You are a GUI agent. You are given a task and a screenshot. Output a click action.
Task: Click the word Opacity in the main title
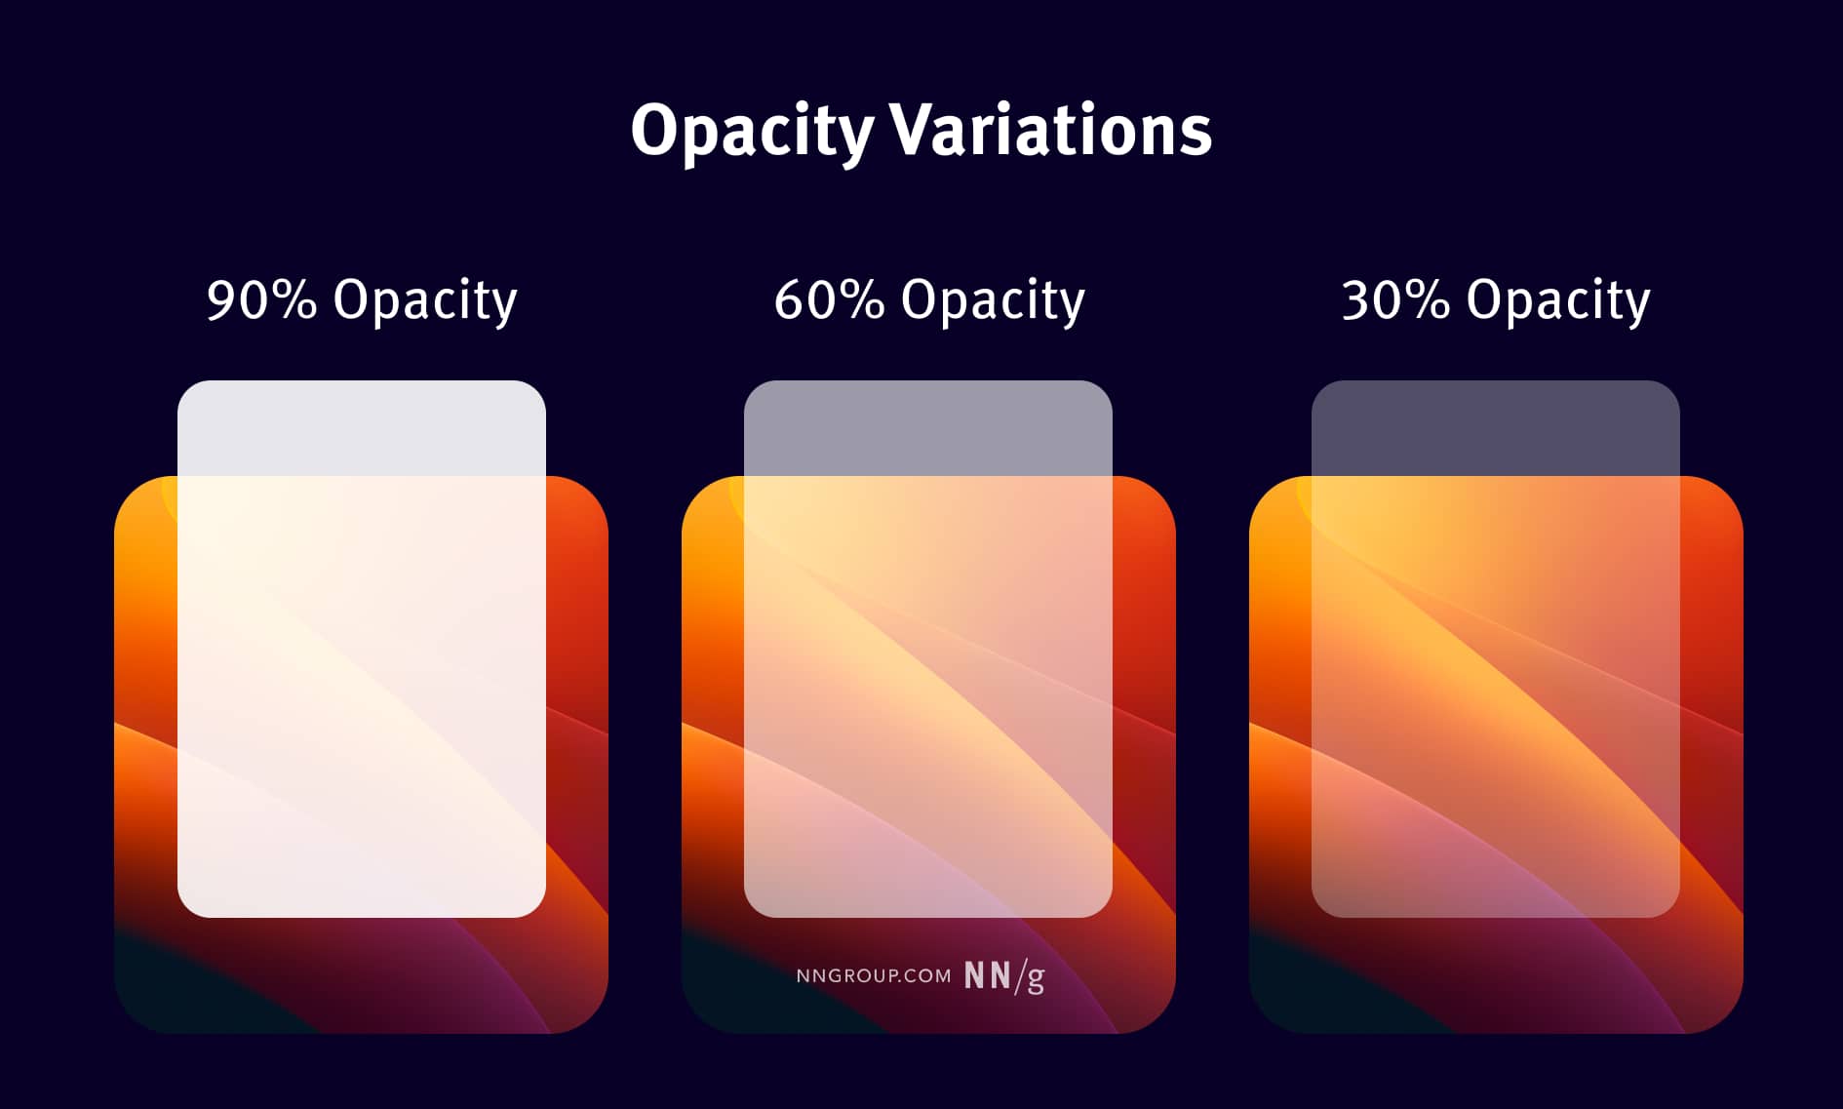click(752, 131)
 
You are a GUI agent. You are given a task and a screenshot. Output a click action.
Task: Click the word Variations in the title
click(1050, 131)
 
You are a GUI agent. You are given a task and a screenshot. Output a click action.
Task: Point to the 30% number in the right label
click(1395, 299)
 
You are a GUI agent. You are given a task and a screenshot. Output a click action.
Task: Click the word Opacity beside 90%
click(424, 299)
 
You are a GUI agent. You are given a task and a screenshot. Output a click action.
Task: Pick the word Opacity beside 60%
click(992, 299)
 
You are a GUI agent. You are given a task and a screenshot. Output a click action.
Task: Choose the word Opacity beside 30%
click(1557, 299)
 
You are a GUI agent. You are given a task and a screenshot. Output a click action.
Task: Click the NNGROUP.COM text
click(873, 976)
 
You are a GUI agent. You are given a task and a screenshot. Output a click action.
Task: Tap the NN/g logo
click(1004, 975)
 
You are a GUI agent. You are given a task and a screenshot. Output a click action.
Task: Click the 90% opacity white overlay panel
click(361, 683)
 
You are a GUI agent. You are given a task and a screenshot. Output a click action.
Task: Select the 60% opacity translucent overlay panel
click(927, 683)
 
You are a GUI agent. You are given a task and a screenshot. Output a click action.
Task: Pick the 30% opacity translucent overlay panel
click(1495, 683)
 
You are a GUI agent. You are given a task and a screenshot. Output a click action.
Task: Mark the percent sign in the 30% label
click(1428, 299)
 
